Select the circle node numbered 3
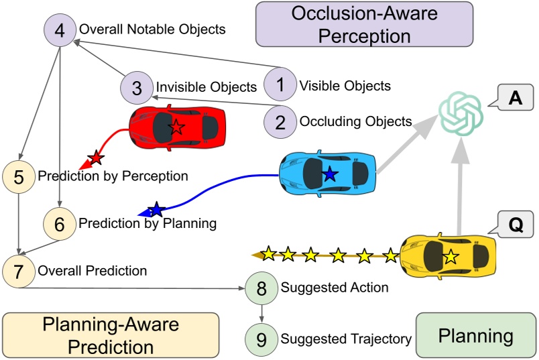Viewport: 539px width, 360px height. coord(137,88)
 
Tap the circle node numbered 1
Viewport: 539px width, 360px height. coord(280,85)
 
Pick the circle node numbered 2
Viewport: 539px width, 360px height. coord(280,121)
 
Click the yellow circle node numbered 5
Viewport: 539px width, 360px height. coord(19,177)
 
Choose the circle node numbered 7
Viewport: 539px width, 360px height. coord(19,271)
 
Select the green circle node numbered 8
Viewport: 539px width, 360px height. coord(261,288)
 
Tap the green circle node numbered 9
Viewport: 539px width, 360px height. coord(261,338)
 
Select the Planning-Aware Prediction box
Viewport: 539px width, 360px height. coord(111,335)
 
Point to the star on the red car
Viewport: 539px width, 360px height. coord(176,127)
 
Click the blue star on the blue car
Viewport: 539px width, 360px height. coord(329,174)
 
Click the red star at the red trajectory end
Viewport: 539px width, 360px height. coord(97,158)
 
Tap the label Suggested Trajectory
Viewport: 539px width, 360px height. coord(346,339)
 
